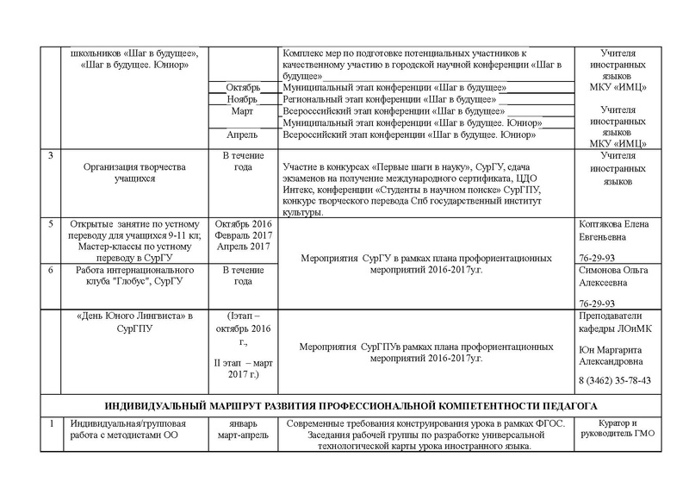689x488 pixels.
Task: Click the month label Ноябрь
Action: [x=242, y=100]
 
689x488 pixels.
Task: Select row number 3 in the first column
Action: [x=50, y=155]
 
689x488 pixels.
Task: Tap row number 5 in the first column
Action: [x=50, y=224]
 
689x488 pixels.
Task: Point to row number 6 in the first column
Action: [x=50, y=269]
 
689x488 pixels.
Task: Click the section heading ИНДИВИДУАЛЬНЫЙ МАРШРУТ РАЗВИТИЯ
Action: [x=350, y=405]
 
